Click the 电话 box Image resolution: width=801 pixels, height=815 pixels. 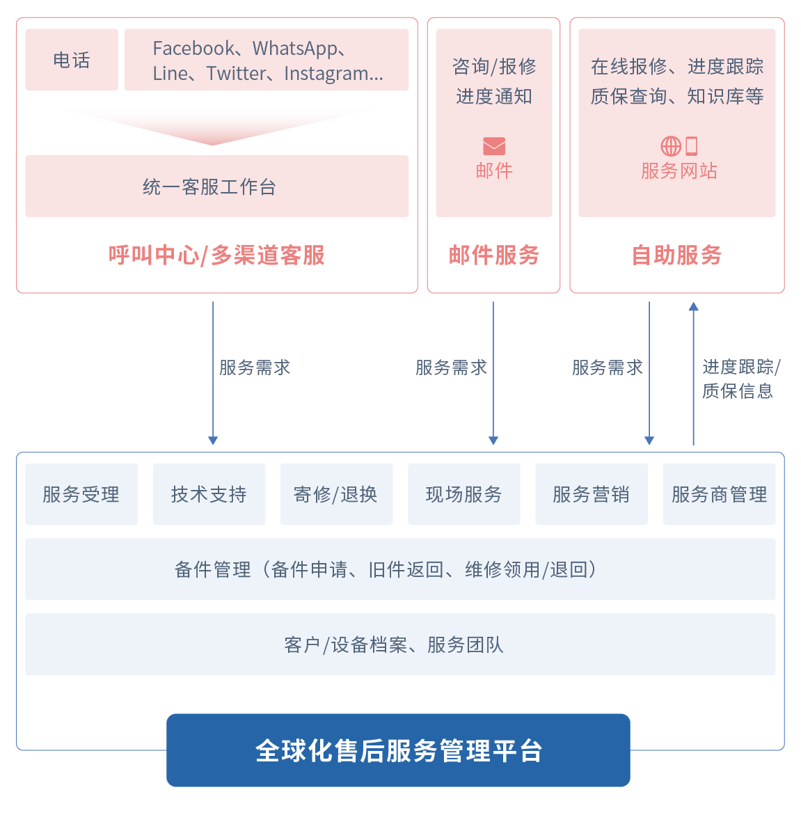pos(72,60)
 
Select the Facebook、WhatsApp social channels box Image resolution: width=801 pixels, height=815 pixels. pos(266,60)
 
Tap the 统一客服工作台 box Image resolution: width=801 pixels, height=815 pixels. pos(216,186)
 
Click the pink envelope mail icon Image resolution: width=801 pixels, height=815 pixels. pos(494,146)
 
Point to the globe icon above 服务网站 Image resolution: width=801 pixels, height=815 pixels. pos(670,146)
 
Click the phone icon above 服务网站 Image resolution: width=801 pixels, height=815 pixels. pos(691,146)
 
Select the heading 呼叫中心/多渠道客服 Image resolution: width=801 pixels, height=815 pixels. pos(216,255)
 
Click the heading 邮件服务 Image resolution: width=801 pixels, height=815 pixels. pos(494,255)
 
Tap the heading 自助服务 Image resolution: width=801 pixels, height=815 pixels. pos(676,255)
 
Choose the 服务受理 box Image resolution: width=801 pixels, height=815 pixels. pos(81,494)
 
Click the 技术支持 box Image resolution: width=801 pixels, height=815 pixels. pos(209,494)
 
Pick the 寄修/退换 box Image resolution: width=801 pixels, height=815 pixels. pos(336,494)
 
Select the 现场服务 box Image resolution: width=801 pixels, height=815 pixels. pos(464,494)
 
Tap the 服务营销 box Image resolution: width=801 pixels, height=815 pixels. pos(592,494)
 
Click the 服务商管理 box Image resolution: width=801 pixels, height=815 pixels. pos(719,494)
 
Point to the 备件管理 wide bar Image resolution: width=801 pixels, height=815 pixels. pos(400,569)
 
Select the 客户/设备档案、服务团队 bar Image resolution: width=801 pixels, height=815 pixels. pos(400,644)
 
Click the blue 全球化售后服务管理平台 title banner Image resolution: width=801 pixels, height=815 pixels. pos(398,750)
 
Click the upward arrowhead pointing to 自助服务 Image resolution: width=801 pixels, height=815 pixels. pos(693,307)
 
